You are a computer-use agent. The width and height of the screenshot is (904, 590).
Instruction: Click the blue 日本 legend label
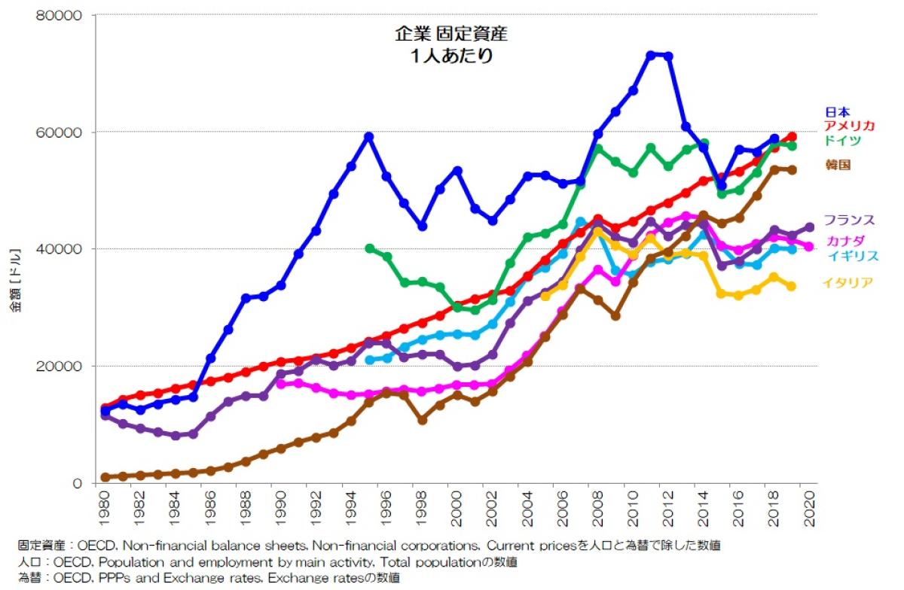(836, 112)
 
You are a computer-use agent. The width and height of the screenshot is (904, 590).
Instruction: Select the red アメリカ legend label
(849, 126)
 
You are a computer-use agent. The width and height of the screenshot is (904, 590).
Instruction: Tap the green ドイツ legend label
(842, 140)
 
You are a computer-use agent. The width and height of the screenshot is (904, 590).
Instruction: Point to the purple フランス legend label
(849, 220)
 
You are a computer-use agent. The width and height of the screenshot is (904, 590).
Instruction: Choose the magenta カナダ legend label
(844, 241)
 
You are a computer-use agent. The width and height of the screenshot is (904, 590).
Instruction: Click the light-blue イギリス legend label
(853, 256)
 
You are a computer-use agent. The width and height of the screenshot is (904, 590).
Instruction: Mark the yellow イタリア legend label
(847, 283)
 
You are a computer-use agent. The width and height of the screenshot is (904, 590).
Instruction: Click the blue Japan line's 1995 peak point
(369, 136)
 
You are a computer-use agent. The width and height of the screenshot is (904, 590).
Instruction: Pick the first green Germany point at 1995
(369, 248)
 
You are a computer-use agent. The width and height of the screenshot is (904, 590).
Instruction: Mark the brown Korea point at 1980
(105, 477)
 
